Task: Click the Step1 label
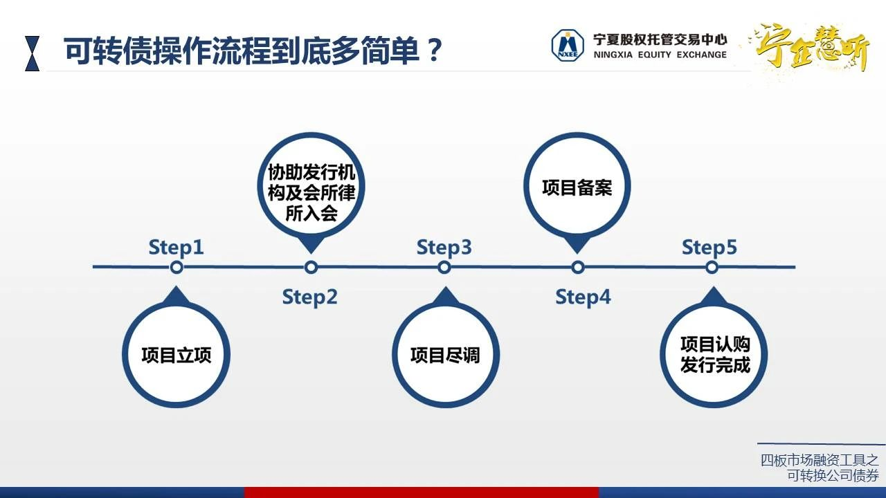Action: tap(176, 248)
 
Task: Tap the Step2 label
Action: tap(309, 297)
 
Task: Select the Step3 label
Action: tap(444, 248)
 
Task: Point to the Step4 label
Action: tap(583, 297)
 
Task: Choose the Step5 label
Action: tap(709, 248)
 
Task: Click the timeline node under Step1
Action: tap(177, 268)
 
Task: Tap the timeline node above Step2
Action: tap(311, 268)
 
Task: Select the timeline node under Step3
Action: tap(444, 268)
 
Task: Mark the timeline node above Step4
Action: tap(578, 268)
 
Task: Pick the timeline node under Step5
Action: tap(712, 268)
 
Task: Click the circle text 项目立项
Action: tap(177, 355)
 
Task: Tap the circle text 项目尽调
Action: tap(445, 355)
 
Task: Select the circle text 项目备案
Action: tap(577, 187)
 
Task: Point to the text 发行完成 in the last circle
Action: tap(715, 365)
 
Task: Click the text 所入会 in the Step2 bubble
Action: tap(311, 214)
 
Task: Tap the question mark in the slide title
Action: tap(434, 50)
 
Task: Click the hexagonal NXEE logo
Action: tap(568, 46)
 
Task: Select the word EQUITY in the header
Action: tap(654, 55)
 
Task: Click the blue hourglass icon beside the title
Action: tap(32, 53)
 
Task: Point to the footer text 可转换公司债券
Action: tap(833, 475)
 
